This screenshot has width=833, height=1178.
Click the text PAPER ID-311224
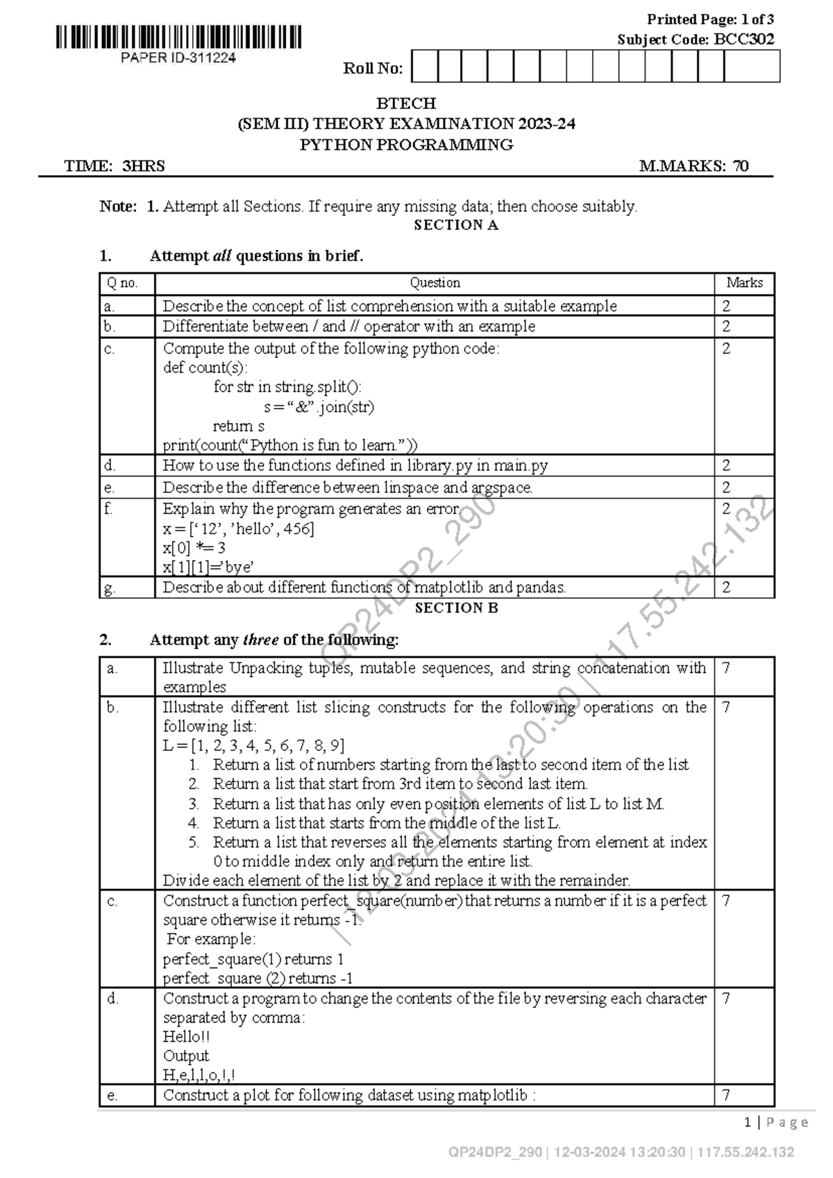click(178, 58)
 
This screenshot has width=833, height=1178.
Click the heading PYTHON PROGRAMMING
click(406, 144)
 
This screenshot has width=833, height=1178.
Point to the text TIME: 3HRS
click(115, 166)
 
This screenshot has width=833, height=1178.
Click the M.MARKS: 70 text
click(693, 166)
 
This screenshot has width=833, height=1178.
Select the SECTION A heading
click(455, 225)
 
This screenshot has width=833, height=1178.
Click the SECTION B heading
click(455, 608)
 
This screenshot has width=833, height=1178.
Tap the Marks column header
click(744, 283)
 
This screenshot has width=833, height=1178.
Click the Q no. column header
click(122, 283)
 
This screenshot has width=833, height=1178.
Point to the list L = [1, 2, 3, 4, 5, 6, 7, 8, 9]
click(253, 746)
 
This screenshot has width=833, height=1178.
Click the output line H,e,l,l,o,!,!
click(199, 1075)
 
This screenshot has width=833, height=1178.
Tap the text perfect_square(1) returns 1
click(253, 959)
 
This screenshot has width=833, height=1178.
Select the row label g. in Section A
click(110, 588)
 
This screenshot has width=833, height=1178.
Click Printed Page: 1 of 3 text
click(709, 19)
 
